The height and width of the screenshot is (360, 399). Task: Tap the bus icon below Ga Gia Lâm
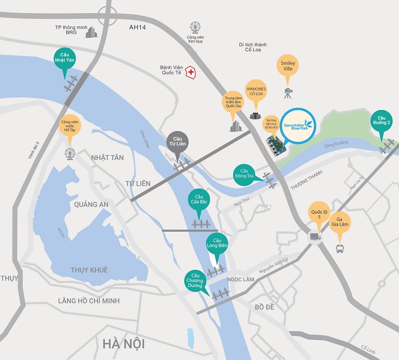click(340, 248)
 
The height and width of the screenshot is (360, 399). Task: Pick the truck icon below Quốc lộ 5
click(313, 236)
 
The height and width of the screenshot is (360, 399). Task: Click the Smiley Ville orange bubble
click(287, 65)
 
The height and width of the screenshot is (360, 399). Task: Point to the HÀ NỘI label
click(124, 344)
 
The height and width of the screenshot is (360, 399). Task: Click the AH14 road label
click(138, 27)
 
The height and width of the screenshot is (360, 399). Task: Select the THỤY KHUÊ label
click(89, 269)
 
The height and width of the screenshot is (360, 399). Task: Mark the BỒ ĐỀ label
click(265, 307)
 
